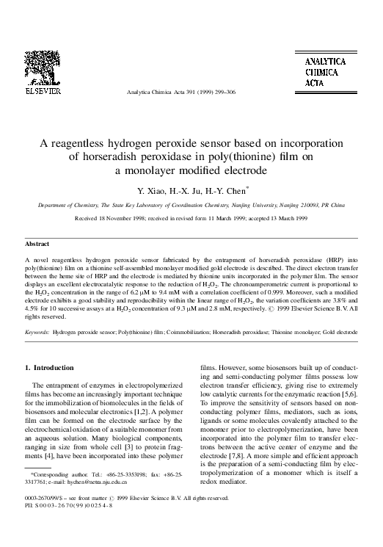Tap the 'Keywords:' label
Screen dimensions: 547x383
(37, 333)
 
